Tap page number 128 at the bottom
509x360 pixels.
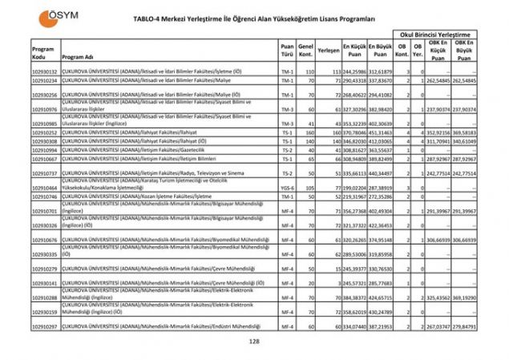click(254, 342)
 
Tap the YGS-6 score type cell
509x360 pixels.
click(287, 187)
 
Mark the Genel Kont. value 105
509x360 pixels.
click(306, 187)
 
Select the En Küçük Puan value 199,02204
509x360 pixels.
click(353, 187)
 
